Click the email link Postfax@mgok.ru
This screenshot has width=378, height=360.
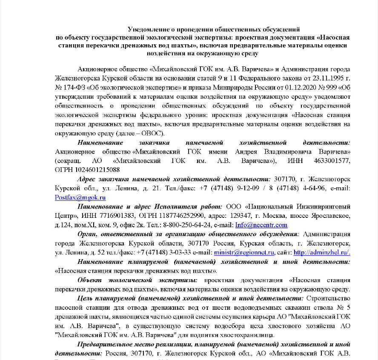point(80,197)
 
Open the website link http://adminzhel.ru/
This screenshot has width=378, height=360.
point(322,252)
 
